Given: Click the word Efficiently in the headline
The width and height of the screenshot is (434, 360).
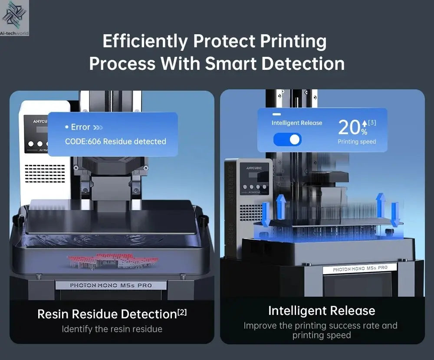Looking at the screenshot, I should point(145,42).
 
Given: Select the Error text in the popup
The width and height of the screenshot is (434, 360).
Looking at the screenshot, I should point(80,127).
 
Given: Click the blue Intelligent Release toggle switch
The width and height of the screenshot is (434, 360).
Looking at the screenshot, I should point(287,139).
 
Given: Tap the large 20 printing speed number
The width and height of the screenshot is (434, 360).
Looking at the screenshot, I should point(349,128).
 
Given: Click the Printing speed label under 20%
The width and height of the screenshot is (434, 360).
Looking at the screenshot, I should point(357,142).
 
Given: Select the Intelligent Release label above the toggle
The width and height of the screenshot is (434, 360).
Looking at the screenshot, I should point(297,123).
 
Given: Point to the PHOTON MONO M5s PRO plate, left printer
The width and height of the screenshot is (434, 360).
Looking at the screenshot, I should point(111,285).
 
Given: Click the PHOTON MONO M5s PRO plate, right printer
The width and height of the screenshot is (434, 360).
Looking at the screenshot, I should point(360,268).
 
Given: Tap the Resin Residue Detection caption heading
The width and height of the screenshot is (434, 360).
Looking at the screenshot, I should point(107,314).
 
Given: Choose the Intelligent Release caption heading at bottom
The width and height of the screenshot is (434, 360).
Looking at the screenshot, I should point(322,311).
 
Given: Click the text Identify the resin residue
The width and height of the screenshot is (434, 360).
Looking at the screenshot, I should point(112,329).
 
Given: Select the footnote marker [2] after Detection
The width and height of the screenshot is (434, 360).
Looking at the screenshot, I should point(182,311).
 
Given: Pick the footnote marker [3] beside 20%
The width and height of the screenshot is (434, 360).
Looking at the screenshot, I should point(372,123).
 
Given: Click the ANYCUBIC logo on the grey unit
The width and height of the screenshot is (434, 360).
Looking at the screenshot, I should point(249,166).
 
